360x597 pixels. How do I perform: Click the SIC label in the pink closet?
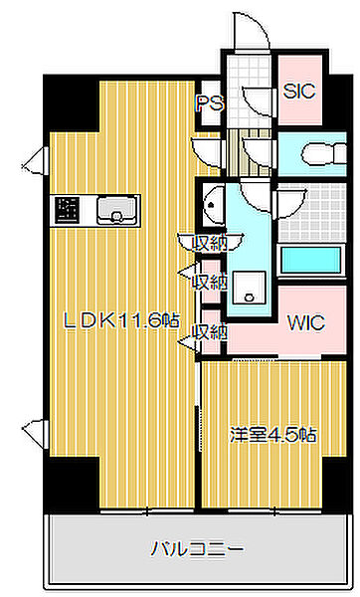click(x=298, y=91)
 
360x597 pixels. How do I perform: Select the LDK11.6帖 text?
click(x=121, y=320)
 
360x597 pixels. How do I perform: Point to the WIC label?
click(x=305, y=323)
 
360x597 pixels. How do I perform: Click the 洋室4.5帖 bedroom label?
click(x=274, y=435)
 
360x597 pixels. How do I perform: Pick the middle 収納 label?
click(x=209, y=282)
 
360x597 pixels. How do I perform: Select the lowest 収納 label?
click(x=210, y=331)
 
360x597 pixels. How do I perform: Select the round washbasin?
click(x=212, y=207)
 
